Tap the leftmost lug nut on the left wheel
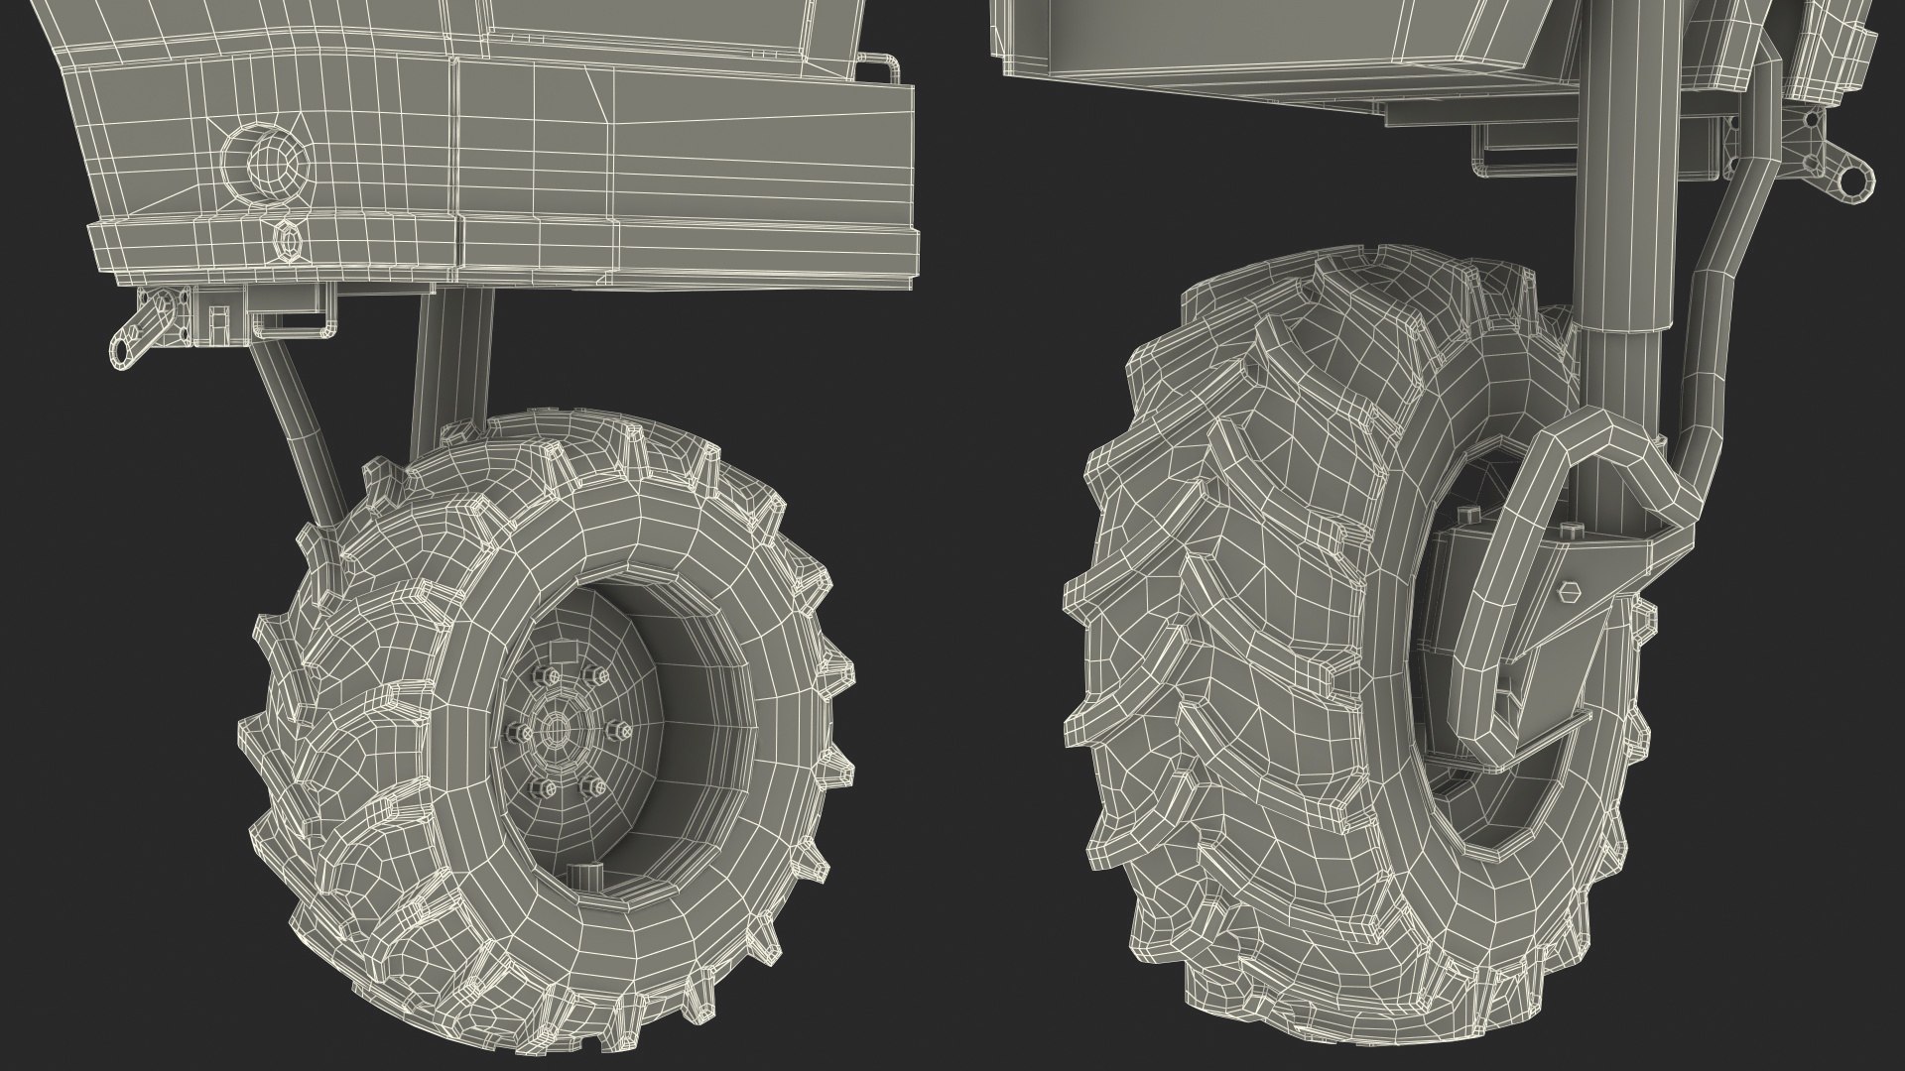(x=516, y=733)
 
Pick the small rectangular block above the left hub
(x=562, y=652)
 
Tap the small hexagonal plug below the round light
(x=285, y=241)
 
